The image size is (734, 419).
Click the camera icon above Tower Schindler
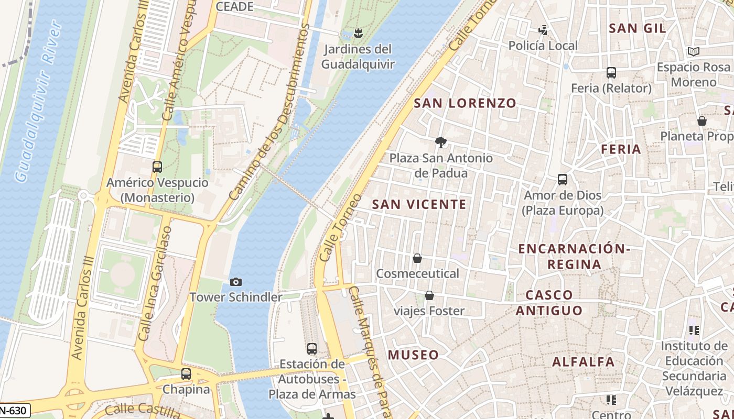pos(236,282)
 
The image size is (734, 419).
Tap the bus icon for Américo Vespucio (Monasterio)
pos(157,167)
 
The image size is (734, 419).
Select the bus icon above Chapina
pos(186,374)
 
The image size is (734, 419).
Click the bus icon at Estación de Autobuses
pos(312,348)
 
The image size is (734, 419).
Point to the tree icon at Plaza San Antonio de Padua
pos(441,142)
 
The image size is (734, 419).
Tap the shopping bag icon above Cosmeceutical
pos(417,258)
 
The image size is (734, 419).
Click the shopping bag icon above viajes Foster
pos(429,296)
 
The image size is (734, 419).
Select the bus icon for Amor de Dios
pos(563,180)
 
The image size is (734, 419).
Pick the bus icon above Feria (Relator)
pos(611,73)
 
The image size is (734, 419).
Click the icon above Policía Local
pos(543,30)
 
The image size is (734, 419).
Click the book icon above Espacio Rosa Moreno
pos(693,52)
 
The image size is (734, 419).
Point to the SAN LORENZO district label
pos(465,103)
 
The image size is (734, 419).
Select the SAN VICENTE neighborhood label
pos(419,204)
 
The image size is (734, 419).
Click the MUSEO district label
pos(413,355)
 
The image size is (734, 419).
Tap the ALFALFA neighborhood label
pos(583,362)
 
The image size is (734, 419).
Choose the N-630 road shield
pos(14,411)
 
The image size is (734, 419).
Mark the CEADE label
pos(234,7)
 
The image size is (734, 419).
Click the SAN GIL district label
pos(637,28)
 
